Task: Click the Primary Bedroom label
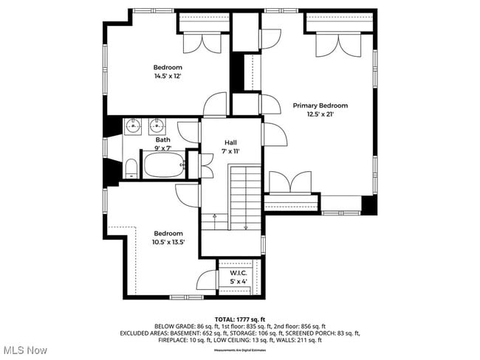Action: tap(320, 105)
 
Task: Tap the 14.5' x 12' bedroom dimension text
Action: tap(168, 76)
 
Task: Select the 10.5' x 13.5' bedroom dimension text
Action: tap(168, 242)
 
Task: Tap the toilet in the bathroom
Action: tap(131, 168)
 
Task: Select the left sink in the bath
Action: tap(134, 126)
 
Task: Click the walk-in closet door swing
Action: tap(206, 282)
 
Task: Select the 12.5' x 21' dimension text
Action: tap(320, 114)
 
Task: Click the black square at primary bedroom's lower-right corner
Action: tap(368, 204)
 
